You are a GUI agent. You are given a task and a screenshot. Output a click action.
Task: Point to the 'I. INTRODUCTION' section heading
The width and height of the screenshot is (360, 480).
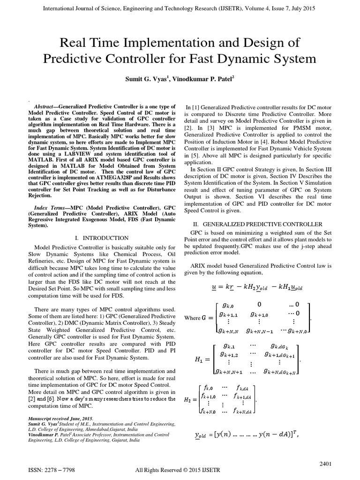tap(102, 238)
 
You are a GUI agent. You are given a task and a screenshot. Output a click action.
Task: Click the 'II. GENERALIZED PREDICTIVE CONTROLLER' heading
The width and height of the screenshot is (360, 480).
tap(258, 225)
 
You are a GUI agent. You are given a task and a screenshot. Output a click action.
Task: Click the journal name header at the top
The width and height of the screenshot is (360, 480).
tap(180, 8)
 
